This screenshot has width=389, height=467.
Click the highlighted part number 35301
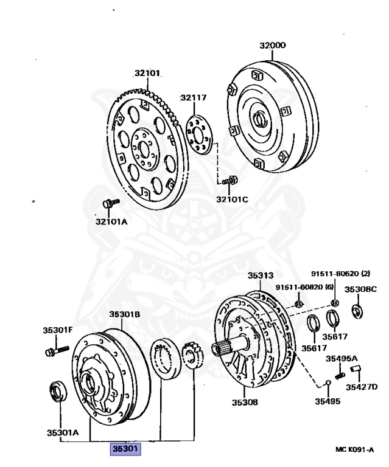click(x=125, y=449)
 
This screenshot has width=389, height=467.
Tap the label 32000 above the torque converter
click(x=272, y=46)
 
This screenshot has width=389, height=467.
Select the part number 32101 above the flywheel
click(x=147, y=74)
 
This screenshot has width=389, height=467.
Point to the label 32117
click(x=193, y=97)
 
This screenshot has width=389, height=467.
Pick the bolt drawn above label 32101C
click(x=230, y=180)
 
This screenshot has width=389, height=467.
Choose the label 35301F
click(x=57, y=330)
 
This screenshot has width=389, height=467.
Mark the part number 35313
click(x=261, y=275)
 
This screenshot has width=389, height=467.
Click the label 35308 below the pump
click(x=244, y=402)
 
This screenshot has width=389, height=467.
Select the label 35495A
click(x=342, y=358)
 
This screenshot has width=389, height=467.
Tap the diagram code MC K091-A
click(x=355, y=449)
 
